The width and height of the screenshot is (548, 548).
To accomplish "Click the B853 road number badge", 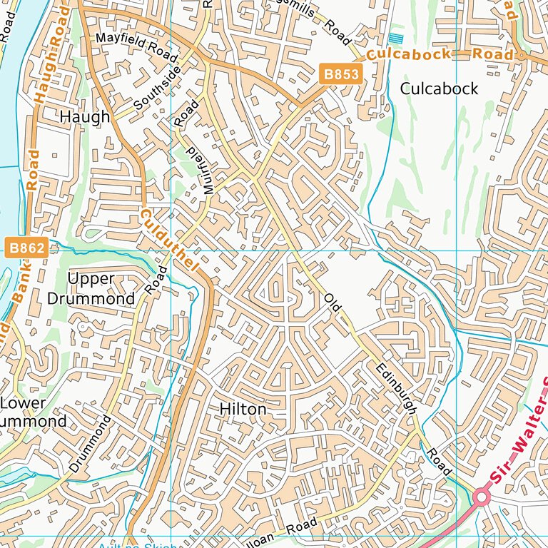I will point(340,73).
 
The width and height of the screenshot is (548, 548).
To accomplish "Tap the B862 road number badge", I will point(27,248).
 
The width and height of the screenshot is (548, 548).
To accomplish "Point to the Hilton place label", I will point(243,410).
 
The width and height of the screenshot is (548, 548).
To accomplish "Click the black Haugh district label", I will point(85,116).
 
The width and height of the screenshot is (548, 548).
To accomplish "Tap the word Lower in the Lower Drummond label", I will point(23,403).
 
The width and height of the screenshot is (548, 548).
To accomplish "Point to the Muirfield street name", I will point(197,171).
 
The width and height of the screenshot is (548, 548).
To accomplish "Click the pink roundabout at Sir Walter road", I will point(482,497).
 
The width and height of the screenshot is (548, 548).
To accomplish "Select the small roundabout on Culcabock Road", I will point(522,54).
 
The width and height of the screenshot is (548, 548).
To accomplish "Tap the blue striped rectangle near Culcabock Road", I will point(397,38).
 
